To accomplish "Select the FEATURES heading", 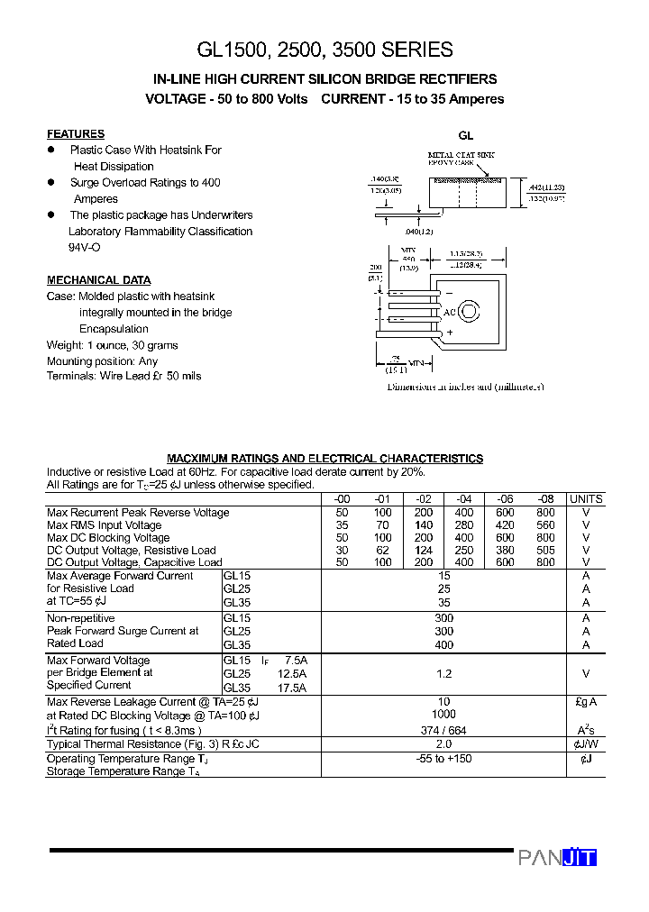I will [76, 133].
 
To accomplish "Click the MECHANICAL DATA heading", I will [99, 280].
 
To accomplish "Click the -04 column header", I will [463, 499].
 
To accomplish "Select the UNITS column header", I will [586, 499].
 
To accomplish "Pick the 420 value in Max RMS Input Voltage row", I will [505, 525].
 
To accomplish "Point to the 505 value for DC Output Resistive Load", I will [545, 551].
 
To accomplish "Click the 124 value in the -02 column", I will [423, 551].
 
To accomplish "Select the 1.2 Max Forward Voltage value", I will [443, 673].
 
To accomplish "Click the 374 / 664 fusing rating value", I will [443, 731].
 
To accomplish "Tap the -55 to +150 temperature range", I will [443, 759].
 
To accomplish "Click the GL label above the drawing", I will [465, 136].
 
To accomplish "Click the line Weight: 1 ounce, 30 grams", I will [112, 345].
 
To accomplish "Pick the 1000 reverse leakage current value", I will [443, 715].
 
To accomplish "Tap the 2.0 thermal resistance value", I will [443, 744].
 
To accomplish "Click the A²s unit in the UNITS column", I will [586, 731].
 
